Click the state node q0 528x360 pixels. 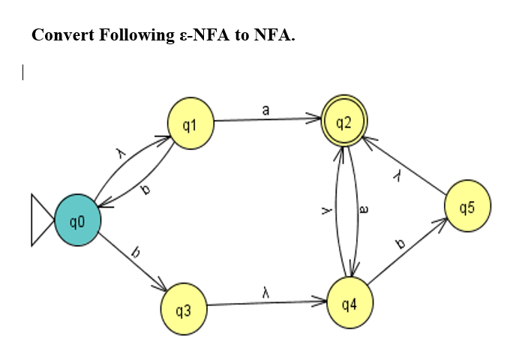(x=76, y=220)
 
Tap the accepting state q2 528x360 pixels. (x=343, y=121)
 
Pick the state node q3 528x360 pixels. (x=183, y=307)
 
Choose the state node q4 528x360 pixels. (x=348, y=304)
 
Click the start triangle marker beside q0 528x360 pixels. (x=41, y=220)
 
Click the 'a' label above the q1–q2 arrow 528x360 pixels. (x=265, y=109)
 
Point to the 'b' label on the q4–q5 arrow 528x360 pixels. (x=400, y=244)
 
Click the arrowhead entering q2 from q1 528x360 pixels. (x=316, y=118)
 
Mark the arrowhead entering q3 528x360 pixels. (x=163, y=289)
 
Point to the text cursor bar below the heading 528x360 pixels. (x=23, y=73)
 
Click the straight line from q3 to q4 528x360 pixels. (x=262, y=304)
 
